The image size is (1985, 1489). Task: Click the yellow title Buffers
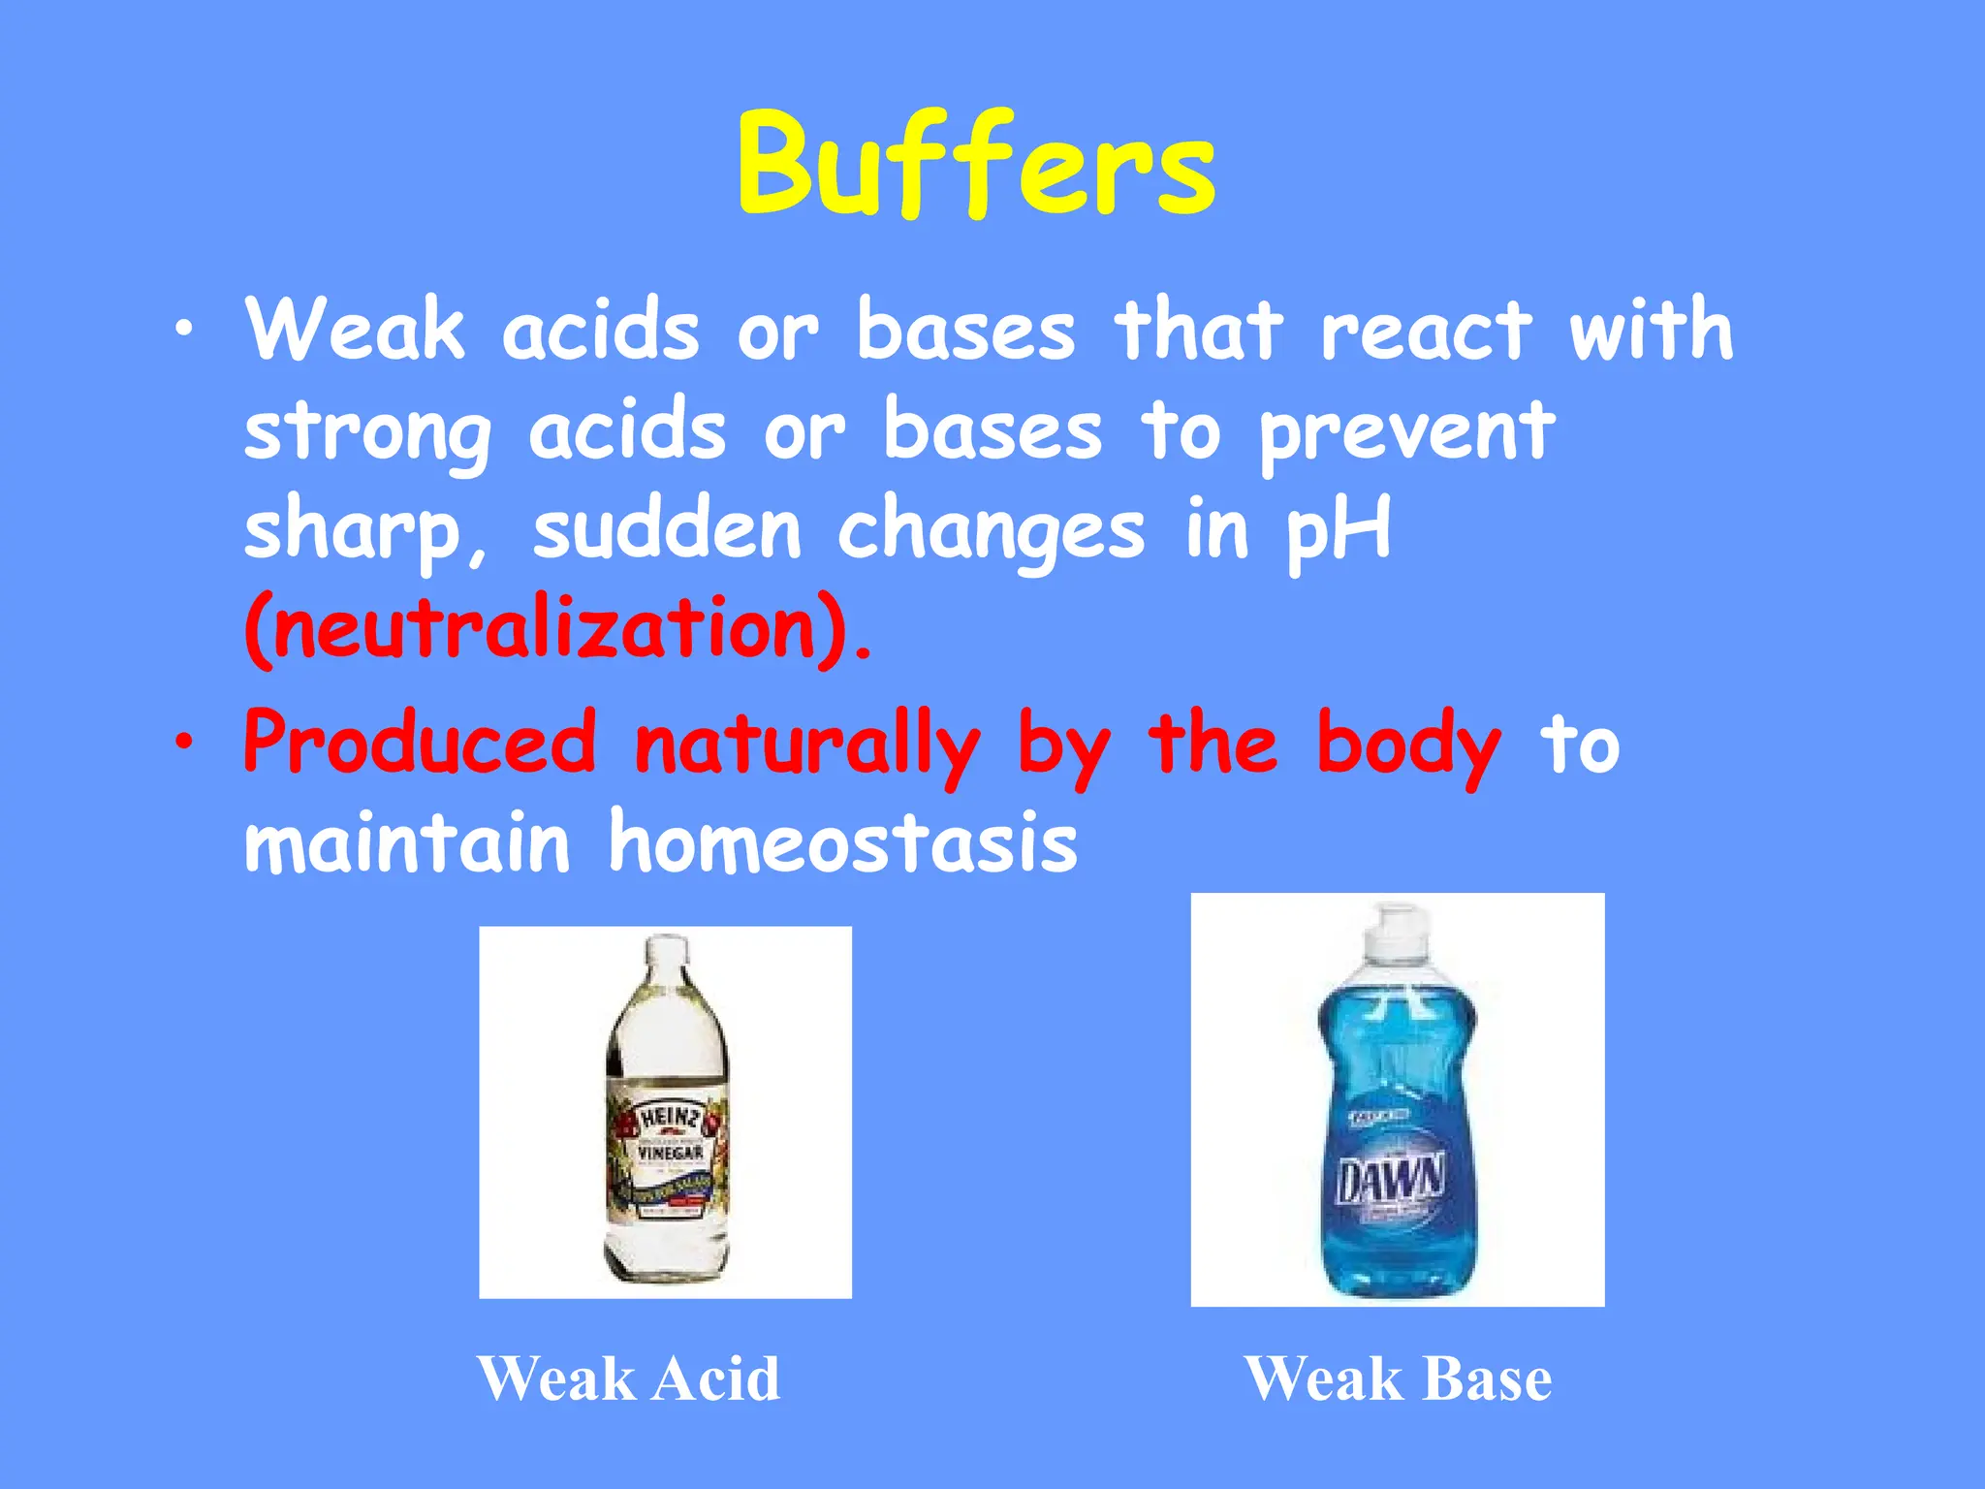point(975,165)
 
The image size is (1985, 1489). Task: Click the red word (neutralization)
point(557,629)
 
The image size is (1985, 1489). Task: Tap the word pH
point(1339,531)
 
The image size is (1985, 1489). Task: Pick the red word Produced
point(420,743)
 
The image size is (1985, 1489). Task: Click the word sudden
point(667,529)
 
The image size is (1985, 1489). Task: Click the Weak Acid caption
point(629,1378)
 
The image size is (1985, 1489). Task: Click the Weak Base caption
point(1398,1378)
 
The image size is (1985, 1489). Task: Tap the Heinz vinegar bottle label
point(669,1154)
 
